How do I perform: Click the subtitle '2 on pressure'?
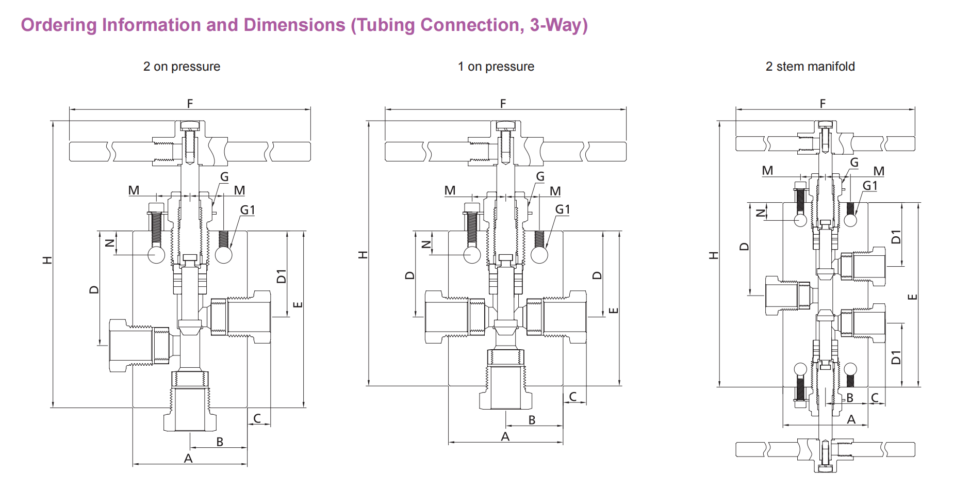pyautogui.click(x=182, y=67)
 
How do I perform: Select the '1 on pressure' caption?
pyautogui.click(x=496, y=67)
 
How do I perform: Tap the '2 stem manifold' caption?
pyautogui.click(x=810, y=67)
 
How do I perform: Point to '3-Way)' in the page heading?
pyautogui.click(x=559, y=25)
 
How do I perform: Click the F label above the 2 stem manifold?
pyautogui.click(x=823, y=103)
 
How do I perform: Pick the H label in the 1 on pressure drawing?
pyautogui.click(x=363, y=254)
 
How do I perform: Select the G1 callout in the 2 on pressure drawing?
pyautogui.click(x=248, y=210)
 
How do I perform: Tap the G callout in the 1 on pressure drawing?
pyautogui.click(x=540, y=176)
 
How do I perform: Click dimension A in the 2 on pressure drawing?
pyautogui.click(x=188, y=458)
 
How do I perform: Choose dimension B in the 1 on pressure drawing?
pyautogui.click(x=532, y=420)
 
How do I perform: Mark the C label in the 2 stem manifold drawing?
pyautogui.click(x=875, y=398)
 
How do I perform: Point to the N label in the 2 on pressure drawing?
pyautogui.click(x=109, y=243)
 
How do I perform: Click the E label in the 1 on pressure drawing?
pyautogui.click(x=613, y=311)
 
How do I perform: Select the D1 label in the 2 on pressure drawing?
pyautogui.click(x=281, y=276)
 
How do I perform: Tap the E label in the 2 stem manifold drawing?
pyautogui.click(x=912, y=297)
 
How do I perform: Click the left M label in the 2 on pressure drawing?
pyautogui.click(x=134, y=190)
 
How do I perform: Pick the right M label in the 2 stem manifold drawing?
pyautogui.click(x=879, y=171)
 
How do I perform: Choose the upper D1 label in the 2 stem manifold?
pyautogui.click(x=896, y=236)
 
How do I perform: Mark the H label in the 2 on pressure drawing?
pyautogui.click(x=47, y=260)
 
